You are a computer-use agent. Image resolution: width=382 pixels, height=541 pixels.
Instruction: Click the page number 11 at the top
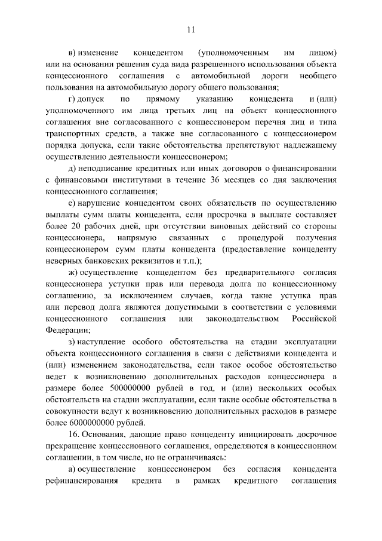(x=191, y=28)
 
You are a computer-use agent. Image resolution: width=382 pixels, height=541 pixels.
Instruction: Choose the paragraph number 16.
(x=76, y=433)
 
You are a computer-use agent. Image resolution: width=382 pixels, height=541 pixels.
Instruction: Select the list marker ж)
(x=73, y=273)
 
